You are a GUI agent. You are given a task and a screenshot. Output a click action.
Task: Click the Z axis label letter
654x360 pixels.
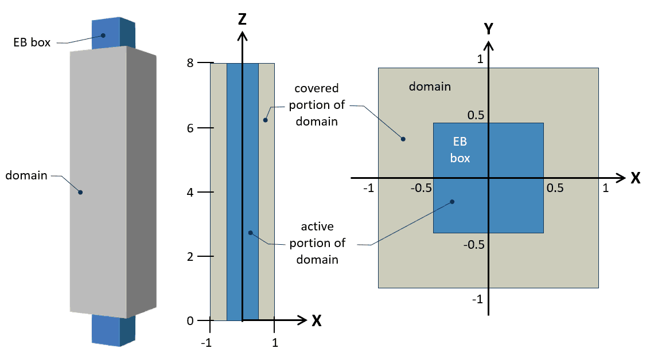pyautogui.click(x=242, y=20)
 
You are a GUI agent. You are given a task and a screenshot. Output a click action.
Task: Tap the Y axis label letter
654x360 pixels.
pyautogui.click(x=489, y=29)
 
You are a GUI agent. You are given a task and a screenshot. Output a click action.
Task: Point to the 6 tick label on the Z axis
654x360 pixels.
pyautogui.click(x=190, y=128)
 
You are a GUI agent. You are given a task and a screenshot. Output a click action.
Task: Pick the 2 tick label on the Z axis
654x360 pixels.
pyautogui.click(x=190, y=256)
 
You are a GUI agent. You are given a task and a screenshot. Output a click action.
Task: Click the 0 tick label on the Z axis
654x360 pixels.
pyautogui.click(x=190, y=321)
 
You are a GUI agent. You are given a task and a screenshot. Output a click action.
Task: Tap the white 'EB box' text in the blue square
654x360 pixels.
pyautogui.click(x=460, y=150)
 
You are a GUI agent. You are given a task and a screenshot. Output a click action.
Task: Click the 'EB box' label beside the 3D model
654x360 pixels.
pyautogui.click(x=33, y=41)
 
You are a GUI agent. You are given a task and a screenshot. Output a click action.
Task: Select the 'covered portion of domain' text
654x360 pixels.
pyautogui.click(x=317, y=105)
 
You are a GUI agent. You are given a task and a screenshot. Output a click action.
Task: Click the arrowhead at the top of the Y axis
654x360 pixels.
pyautogui.click(x=488, y=46)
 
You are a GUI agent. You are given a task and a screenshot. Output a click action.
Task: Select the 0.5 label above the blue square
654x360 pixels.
pyautogui.click(x=476, y=115)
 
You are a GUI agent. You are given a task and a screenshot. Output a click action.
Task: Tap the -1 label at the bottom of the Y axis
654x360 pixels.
pyautogui.click(x=477, y=299)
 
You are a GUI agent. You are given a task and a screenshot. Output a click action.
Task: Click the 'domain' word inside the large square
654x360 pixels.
pyautogui.click(x=430, y=87)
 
